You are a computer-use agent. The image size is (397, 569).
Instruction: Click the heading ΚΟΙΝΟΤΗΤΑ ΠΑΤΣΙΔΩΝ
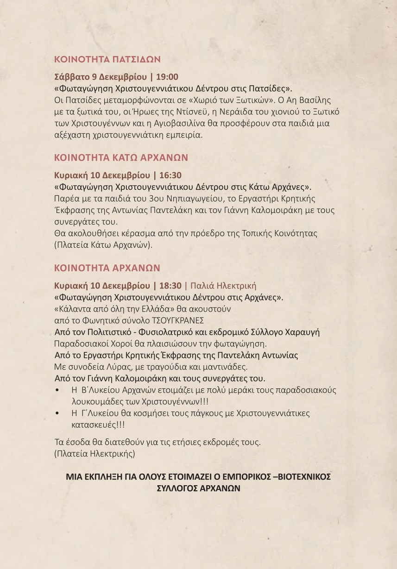coord(107,59)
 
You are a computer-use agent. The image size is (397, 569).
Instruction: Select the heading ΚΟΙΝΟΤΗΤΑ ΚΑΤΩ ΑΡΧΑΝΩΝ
coord(121,157)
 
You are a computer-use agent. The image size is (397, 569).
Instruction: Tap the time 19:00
coord(167,77)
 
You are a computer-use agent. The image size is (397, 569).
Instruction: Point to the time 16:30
coord(170,175)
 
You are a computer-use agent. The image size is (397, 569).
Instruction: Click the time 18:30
coord(170,286)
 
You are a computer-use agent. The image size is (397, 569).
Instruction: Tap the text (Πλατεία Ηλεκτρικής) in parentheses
coord(95,454)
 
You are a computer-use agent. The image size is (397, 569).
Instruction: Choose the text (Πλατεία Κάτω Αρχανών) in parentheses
coord(103,245)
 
